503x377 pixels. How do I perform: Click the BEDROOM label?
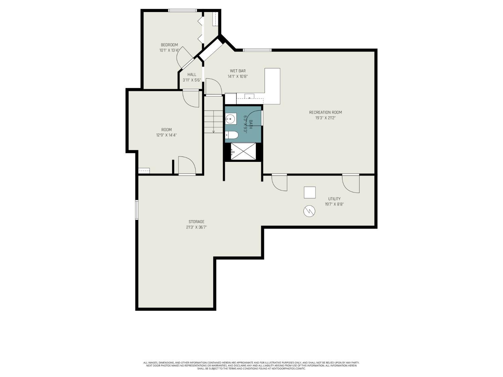169,45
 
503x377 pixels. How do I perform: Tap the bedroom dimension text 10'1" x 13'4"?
169,50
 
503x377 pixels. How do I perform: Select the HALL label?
192,74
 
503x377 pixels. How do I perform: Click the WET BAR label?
238,71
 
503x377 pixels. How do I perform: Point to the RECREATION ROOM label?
325,112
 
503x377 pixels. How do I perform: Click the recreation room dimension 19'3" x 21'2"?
325,118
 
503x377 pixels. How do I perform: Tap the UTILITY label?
334,199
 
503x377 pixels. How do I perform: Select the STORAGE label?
196,222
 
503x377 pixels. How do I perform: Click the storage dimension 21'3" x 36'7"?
196,227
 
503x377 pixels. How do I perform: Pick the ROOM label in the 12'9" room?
166,130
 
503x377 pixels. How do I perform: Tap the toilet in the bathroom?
232,135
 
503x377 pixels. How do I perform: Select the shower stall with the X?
243,151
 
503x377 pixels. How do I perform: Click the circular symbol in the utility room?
309,211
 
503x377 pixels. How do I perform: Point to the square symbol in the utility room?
310,192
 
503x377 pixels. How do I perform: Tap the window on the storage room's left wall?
137,210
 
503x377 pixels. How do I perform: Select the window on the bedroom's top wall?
182,10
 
